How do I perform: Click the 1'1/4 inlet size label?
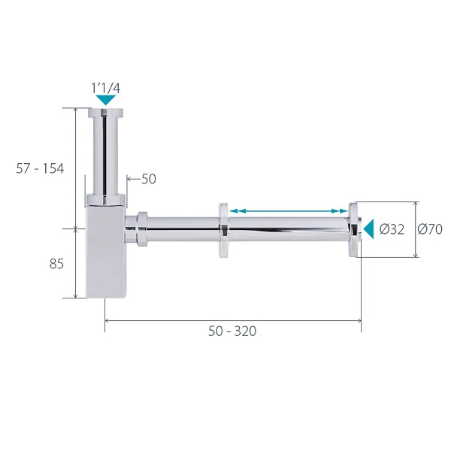pos(105,88)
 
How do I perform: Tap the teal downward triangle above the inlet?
pos(106,99)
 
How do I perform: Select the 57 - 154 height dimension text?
pos(40,168)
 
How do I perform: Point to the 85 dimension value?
pos(56,264)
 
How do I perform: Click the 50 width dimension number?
pos(149,179)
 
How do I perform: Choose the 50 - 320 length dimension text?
pos(232,331)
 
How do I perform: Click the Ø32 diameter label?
pos(392,229)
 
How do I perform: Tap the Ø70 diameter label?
pos(430,229)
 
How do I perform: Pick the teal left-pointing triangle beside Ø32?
pos(369,229)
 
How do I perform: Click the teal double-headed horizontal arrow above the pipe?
pos(289,210)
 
